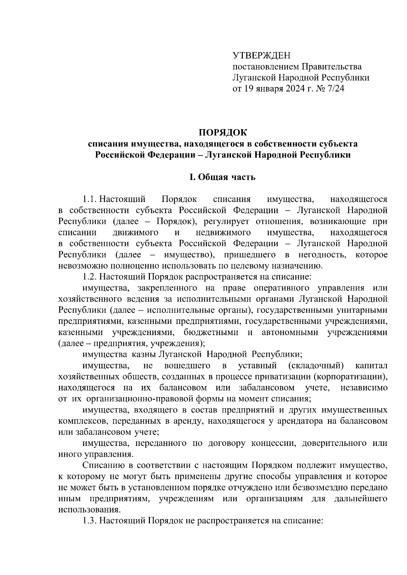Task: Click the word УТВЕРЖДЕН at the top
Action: pos(261,56)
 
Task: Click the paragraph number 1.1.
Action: pos(90,199)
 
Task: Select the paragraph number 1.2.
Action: pos(90,277)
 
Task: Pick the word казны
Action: pos(142,354)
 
